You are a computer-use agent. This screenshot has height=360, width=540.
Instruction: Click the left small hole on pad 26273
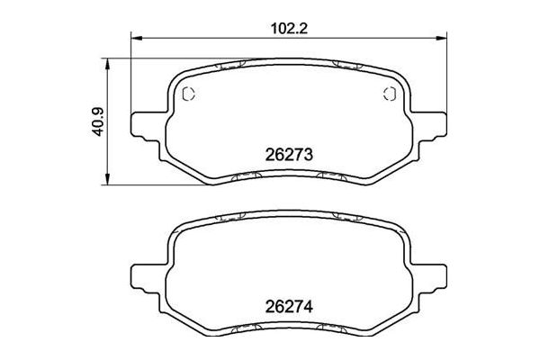[x=189, y=95]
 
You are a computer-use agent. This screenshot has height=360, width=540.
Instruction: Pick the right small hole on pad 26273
[x=390, y=95]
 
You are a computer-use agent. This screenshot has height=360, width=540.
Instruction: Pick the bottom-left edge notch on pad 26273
[x=233, y=177]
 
